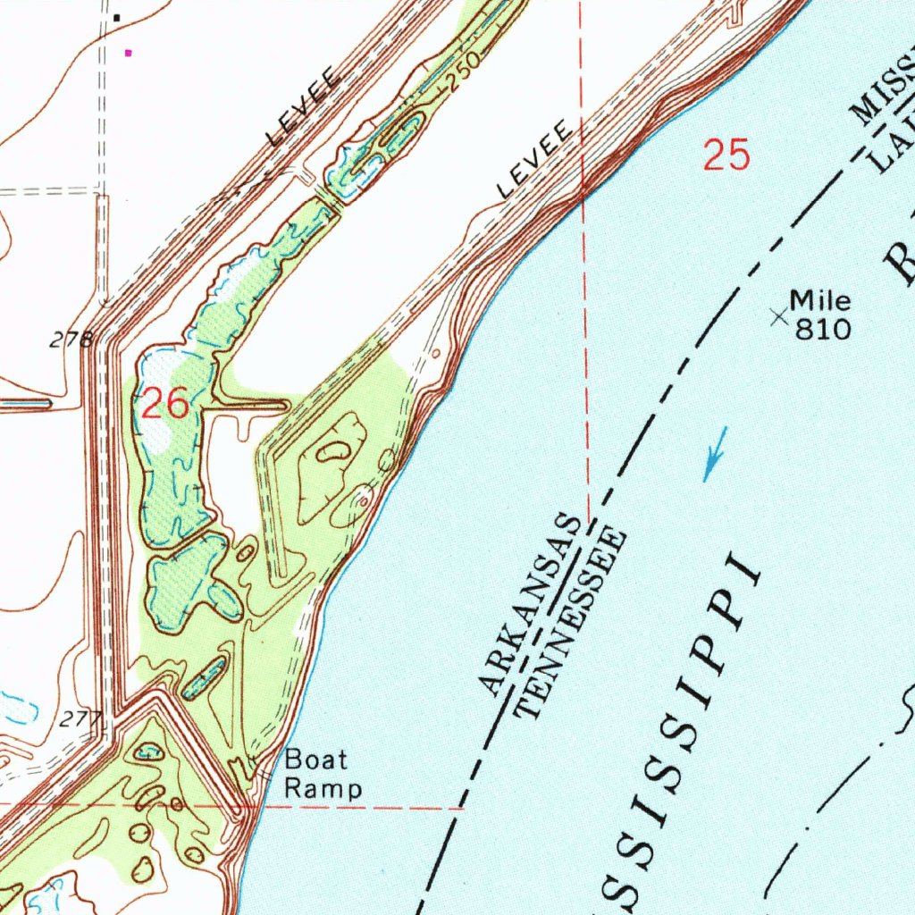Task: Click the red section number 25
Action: click(x=726, y=155)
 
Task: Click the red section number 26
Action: click(x=165, y=405)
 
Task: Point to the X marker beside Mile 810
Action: click(x=779, y=315)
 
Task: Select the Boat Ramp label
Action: click(x=323, y=775)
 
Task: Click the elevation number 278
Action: click(x=71, y=340)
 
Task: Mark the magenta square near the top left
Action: click(x=129, y=53)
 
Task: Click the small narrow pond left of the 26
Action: click(x=25, y=404)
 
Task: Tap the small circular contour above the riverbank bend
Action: click(x=435, y=353)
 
